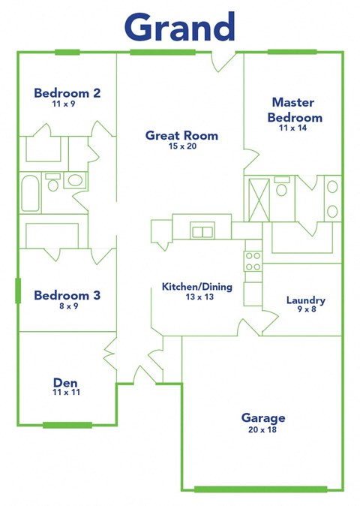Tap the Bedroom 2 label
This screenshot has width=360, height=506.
[x=67, y=94]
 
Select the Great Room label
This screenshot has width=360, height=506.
[x=181, y=136]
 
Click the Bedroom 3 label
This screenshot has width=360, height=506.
[x=67, y=296]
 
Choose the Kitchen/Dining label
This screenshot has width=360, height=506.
[x=197, y=287]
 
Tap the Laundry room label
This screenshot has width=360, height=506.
[x=306, y=301]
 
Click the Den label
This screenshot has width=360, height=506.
[x=67, y=381]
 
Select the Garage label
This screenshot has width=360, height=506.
[x=262, y=417]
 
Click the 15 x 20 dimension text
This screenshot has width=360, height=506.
[x=181, y=146]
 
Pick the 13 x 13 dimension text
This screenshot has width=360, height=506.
[x=197, y=297]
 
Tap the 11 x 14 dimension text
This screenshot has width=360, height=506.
[x=293, y=128]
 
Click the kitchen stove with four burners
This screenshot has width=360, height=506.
[x=253, y=261]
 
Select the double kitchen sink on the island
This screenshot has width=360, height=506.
[x=202, y=231]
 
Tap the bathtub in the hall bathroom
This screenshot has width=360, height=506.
[x=31, y=194]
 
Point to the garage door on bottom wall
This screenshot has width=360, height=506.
[x=260, y=489]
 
